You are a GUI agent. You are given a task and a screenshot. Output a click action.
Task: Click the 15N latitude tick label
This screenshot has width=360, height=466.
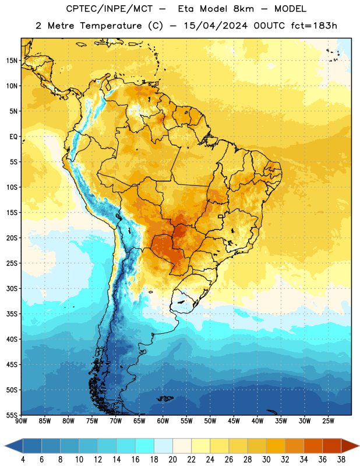click(12, 61)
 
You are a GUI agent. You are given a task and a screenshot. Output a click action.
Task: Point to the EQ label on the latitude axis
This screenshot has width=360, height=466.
click(13, 137)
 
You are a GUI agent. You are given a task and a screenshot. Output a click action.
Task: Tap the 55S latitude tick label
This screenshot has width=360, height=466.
click(12, 415)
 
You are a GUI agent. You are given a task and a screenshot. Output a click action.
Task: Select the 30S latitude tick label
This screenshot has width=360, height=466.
click(12, 288)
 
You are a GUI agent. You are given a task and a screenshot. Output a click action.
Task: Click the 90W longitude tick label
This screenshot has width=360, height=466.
click(21, 421)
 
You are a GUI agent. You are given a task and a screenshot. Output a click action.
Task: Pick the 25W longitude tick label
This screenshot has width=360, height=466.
click(328, 421)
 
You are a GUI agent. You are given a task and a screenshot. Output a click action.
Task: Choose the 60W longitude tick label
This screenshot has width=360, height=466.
click(163, 421)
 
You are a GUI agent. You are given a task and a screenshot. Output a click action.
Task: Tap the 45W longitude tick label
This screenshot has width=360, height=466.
click(234, 421)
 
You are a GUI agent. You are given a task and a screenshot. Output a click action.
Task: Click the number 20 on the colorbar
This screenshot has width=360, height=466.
click(172, 460)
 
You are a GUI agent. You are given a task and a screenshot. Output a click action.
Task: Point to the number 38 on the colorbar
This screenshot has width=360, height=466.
click(341, 460)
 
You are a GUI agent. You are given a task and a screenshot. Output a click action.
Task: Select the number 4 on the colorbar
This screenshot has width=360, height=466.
click(23, 460)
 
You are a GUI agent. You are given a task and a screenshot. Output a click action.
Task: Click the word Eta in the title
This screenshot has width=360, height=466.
click(186, 9)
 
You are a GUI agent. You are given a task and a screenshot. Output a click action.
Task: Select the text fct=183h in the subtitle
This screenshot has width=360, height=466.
click(314, 26)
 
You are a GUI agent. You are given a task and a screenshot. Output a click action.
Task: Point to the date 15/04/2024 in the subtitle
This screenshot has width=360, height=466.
click(216, 26)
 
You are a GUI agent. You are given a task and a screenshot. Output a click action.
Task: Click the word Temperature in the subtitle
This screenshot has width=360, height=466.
click(111, 26)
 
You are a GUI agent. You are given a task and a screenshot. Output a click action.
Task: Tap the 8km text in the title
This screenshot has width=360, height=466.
click(243, 9)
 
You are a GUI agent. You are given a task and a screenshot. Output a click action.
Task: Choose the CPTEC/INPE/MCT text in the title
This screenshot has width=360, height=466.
click(110, 9)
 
